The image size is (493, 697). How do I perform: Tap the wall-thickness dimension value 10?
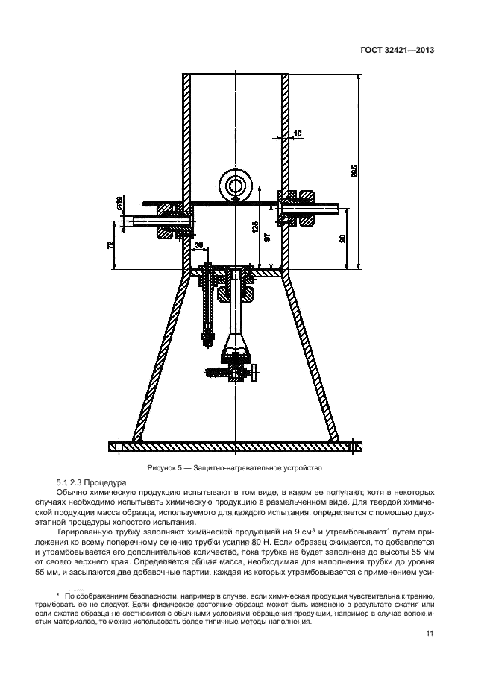298,133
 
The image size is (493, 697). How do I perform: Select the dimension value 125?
255,228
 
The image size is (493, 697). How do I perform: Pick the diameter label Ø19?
119,201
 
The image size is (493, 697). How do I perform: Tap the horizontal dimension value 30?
199,245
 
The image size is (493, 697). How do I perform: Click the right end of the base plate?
359,447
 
